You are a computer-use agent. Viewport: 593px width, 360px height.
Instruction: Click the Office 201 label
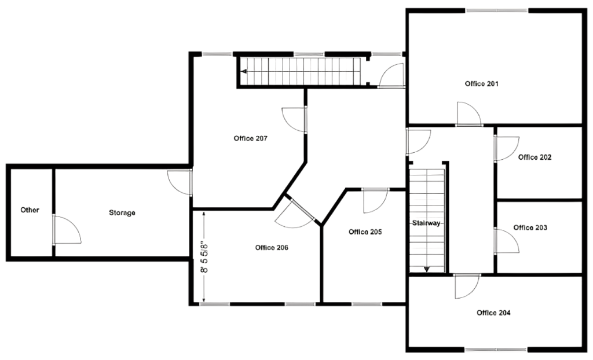point(481,83)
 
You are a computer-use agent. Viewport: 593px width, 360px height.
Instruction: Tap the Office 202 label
point(535,157)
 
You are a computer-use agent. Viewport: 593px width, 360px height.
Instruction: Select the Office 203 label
point(530,227)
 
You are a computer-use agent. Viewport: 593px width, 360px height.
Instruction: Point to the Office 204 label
point(493,313)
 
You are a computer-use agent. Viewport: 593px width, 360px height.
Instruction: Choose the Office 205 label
point(365,232)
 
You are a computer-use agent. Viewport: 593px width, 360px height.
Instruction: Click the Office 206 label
point(272,248)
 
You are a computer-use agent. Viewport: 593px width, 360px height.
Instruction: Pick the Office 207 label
point(250,138)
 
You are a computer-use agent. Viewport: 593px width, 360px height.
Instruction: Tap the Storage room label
point(122,213)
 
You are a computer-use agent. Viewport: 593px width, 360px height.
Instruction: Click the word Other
point(30,210)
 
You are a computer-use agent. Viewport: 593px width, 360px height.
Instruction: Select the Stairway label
point(426,223)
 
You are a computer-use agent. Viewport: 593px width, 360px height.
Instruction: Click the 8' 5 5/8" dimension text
point(204,257)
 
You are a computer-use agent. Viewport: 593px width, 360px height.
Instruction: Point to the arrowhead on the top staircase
point(244,71)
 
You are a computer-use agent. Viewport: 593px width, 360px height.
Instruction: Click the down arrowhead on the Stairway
point(427,269)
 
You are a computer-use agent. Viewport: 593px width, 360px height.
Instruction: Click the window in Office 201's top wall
point(497,10)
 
